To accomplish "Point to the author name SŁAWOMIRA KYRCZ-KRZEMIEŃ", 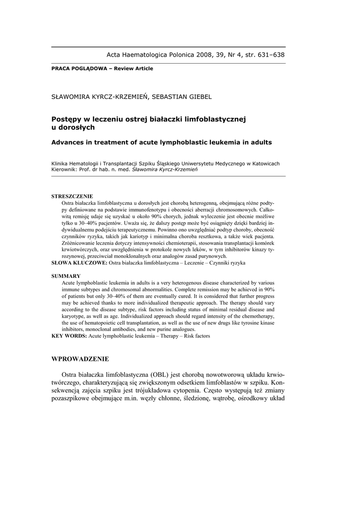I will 94,96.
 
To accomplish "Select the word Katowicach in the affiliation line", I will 264,163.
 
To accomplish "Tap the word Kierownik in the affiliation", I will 65,169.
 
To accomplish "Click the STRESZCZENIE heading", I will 72,196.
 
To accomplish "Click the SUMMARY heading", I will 66,275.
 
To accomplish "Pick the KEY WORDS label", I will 69,336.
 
